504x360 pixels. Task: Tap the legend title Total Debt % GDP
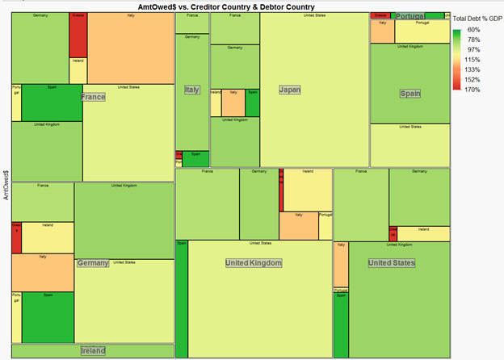(x=478, y=18)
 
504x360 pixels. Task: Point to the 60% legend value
(x=472, y=30)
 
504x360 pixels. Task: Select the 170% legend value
(x=472, y=90)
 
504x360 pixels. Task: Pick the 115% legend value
(x=472, y=60)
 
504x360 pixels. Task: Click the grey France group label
(x=93, y=97)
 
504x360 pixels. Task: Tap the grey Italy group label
(x=192, y=90)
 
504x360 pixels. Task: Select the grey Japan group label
(x=289, y=90)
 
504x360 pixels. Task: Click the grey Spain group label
(x=410, y=94)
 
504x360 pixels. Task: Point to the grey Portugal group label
(x=410, y=16)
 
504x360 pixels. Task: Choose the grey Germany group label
(x=93, y=263)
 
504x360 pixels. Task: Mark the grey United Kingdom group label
(x=254, y=263)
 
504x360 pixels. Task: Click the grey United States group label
(x=391, y=263)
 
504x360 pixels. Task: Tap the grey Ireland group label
(x=93, y=351)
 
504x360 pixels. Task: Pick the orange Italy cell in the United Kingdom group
(x=298, y=225)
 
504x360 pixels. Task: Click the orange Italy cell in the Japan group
(x=233, y=103)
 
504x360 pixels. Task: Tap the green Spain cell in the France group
(x=52, y=103)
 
